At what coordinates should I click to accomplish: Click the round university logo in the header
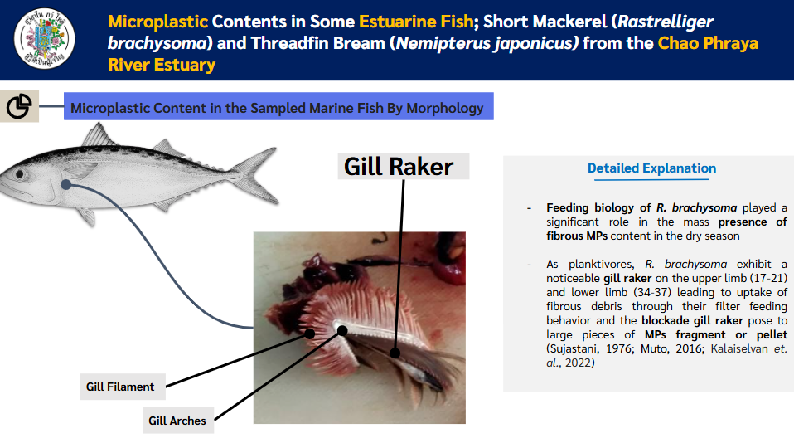coord(45,38)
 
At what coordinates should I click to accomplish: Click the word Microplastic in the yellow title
coord(158,22)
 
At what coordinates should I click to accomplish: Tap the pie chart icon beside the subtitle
coord(19,106)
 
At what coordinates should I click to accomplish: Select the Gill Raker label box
coord(404,166)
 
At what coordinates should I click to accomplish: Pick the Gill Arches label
coord(178,420)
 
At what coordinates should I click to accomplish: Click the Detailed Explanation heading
coord(651,168)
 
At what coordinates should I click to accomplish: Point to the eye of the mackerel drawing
coord(20,174)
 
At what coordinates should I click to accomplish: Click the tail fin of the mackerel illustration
coord(259,175)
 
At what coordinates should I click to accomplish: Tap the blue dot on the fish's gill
coord(65,184)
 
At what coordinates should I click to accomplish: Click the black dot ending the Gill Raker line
coord(395,353)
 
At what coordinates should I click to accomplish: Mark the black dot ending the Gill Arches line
coord(342,331)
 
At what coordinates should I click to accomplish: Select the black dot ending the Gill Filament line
coord(310,334)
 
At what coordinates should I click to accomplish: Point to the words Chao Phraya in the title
coord(708,43)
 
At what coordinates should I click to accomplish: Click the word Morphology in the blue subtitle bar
coord(445,109)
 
